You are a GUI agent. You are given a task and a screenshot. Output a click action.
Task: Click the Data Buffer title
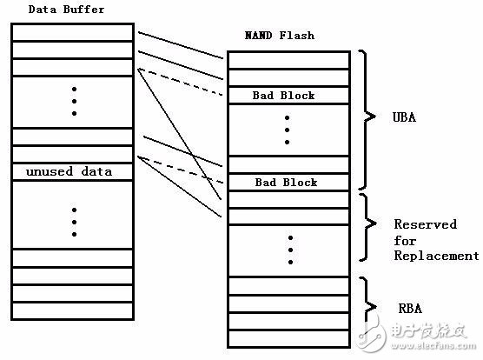tap(66, 10)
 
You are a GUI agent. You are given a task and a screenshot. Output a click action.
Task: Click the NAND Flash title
tap(280, 36)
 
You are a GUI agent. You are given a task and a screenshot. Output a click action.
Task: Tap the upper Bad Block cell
tap(288, 96)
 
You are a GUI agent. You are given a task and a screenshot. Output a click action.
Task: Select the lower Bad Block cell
tap(288, 182)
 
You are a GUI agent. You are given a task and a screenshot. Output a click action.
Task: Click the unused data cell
tap(72, 171)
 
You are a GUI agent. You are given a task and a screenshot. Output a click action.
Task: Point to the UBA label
tap(404, 117)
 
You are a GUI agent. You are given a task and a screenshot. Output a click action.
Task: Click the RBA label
tap(410, 308)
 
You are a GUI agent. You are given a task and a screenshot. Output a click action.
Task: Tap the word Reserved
tap(426, 224)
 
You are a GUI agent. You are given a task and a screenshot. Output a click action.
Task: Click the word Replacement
tap(436, 256)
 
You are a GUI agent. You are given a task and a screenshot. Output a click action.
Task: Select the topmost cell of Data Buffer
tap(72, 32)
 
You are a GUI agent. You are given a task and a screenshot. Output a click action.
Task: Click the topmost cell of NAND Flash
tap(288, 60)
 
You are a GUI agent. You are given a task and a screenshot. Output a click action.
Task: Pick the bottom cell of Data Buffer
tap(72, 310)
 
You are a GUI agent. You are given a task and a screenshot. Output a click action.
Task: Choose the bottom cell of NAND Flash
tap(288, 339)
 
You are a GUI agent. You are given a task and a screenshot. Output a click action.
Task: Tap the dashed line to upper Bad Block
tap(180, 82)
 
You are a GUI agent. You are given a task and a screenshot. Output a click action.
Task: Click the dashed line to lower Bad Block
tap(180, 170)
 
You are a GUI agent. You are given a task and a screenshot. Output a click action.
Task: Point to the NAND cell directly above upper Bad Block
tap(288, 77)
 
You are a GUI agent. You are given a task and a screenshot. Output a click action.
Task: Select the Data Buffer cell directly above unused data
tap(72, 154)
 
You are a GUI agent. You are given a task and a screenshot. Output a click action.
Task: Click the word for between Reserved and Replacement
tap(405, 240)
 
